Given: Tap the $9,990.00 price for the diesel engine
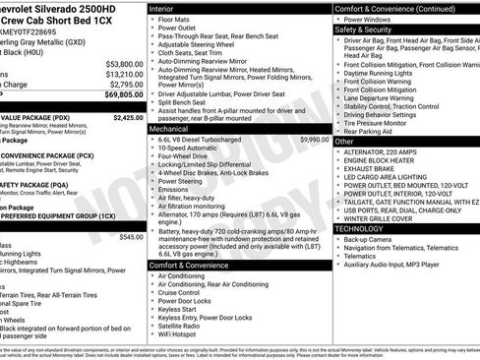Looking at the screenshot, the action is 313,140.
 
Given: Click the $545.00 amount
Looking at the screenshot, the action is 130,236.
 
